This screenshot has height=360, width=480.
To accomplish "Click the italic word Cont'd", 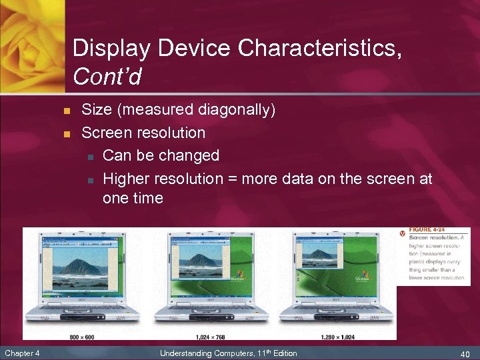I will [107, 77].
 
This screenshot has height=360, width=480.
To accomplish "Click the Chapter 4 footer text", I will [21, 353].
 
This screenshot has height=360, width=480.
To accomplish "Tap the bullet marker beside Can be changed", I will [89, 156].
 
